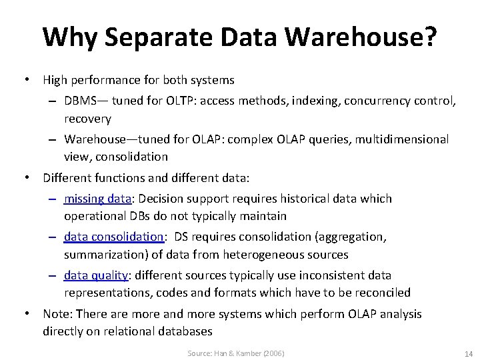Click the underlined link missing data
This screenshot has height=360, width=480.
[97, 199]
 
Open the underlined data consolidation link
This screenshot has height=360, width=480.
[114, 237]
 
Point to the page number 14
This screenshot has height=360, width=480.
[467, 353]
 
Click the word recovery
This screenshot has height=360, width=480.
[87, 119]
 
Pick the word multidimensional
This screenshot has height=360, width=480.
[401, 139]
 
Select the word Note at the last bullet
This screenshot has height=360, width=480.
[55, 314]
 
